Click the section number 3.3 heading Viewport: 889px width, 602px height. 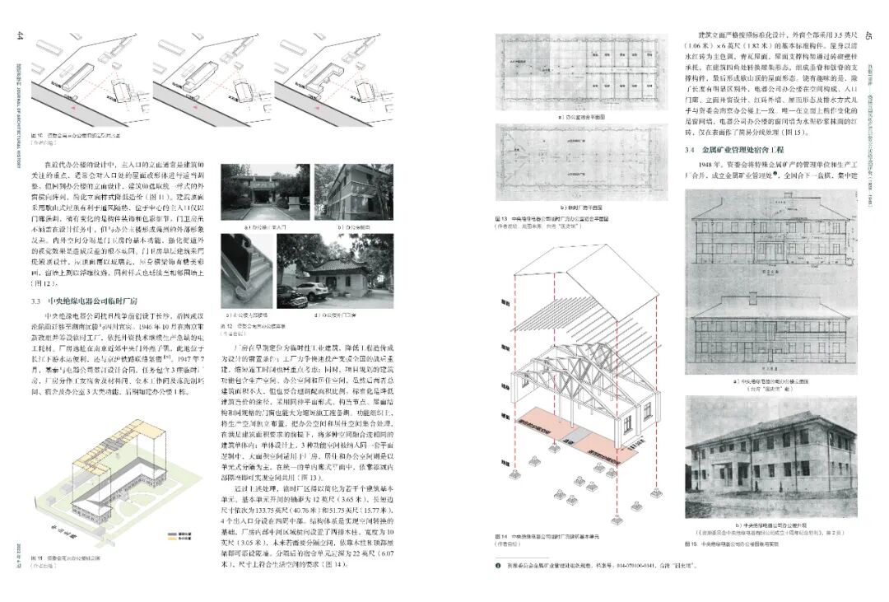coord(38,302)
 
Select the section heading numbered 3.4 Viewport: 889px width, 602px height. coord(691,151)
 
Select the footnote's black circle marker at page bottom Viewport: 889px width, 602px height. coord(497,566)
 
